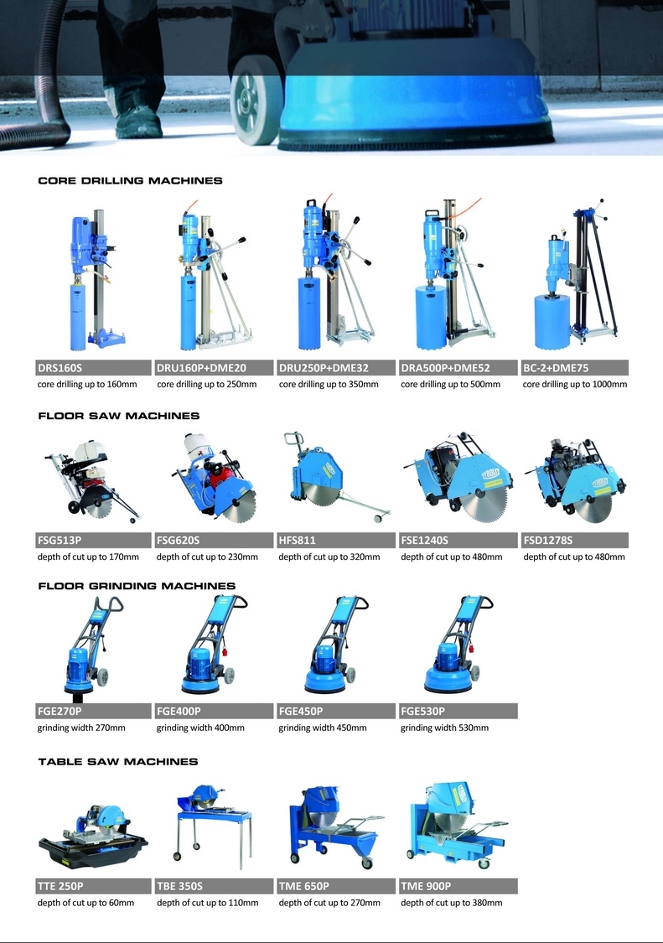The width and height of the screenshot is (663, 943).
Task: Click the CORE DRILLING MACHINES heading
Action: (x=130, y=180)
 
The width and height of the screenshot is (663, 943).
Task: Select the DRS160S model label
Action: (x=60, y=368)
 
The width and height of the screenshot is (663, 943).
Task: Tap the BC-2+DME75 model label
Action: (x=556, y=368)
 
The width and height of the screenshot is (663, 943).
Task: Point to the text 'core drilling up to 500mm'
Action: (x=451, y=384)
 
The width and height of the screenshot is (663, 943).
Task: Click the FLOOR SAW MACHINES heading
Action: (x=118, y=416)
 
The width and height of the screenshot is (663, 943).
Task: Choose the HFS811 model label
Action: (x=298, y=540)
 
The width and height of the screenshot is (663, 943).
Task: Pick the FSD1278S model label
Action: (x=548, y=540)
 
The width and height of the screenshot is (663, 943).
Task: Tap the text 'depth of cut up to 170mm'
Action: (x=88, y=557)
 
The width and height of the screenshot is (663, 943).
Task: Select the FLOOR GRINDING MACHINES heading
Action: (x=137, y=586)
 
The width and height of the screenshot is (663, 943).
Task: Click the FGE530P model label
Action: (x=423, y=712)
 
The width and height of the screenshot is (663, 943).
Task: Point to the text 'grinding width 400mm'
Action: (x=200, y=728)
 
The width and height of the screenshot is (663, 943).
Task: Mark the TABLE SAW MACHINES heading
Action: (x=118, y=761)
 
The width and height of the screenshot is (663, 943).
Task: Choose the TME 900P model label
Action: (x=426, y=887)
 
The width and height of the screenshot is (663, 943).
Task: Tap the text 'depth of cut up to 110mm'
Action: (x=208, y=903)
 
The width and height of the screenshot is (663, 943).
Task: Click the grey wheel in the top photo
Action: (x=256, y=107)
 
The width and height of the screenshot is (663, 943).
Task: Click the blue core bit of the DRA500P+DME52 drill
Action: (x=430, y=317)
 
